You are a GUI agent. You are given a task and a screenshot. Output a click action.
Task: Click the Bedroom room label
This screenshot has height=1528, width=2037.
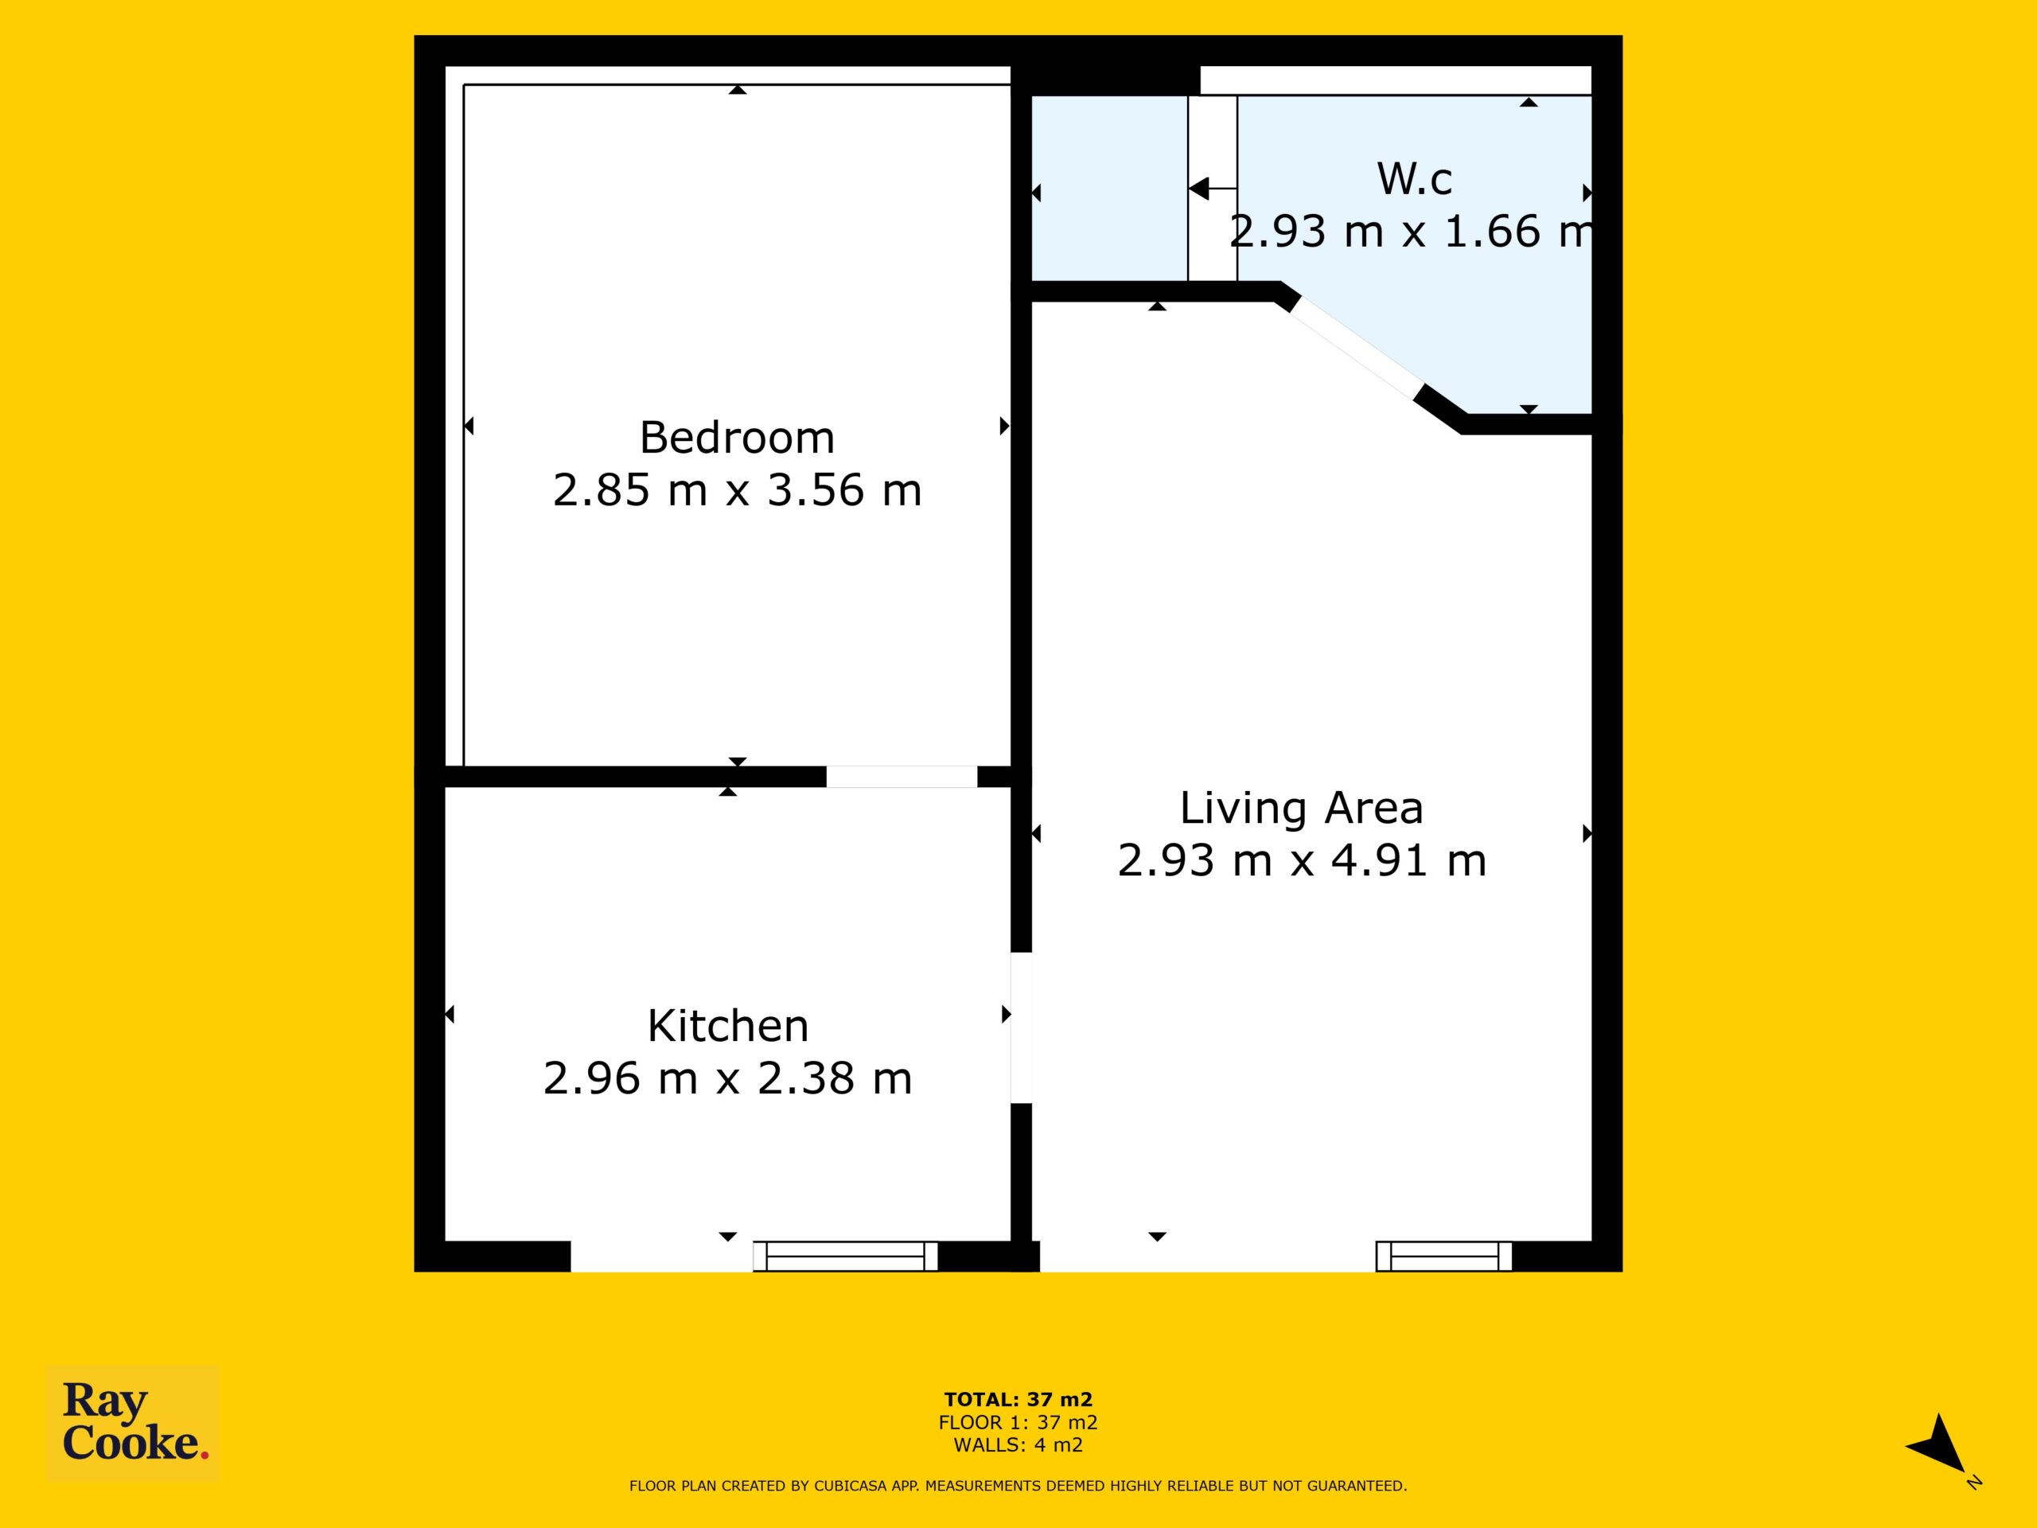point(737,438)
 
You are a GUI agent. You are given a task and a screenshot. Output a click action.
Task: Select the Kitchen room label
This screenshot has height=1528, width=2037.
point(727,1026)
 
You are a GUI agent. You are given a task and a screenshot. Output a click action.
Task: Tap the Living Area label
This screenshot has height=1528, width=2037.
point(1301,809)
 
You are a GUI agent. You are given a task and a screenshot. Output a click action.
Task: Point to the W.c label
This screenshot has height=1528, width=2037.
point(1415,179)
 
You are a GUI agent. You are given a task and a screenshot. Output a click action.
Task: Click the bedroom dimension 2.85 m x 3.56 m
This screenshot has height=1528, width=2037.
point(737,490)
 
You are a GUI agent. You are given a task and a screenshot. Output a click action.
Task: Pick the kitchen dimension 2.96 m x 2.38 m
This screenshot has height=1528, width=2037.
point(727,1078)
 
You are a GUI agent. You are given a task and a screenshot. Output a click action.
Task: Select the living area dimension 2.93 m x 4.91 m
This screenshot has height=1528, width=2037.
point(1301,861)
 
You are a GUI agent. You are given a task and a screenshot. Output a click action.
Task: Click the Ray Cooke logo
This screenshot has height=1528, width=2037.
point(133,1423)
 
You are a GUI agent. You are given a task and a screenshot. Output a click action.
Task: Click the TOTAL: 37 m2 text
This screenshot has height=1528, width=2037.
point(1018,1400)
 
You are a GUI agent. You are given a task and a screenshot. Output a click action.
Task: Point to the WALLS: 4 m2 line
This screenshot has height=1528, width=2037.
point(1018,1445)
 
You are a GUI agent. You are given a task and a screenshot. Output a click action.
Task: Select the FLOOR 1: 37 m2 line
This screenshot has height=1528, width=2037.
point(1018,1423)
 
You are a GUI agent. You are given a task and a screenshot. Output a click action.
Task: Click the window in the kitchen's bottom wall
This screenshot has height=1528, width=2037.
point(845,1257)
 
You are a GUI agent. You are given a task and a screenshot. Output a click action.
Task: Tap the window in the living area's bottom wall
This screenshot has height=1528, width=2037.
point(1444,1257)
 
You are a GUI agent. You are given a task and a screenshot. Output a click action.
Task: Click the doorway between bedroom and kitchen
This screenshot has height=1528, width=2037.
point(902,777)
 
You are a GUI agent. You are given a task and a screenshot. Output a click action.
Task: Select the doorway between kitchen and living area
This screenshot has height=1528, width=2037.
point(1021,1027)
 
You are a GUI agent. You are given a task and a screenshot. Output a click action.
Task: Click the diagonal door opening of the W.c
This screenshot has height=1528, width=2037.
point(1352,349)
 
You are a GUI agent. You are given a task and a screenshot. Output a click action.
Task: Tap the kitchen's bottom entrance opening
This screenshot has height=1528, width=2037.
point(662,1257)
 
